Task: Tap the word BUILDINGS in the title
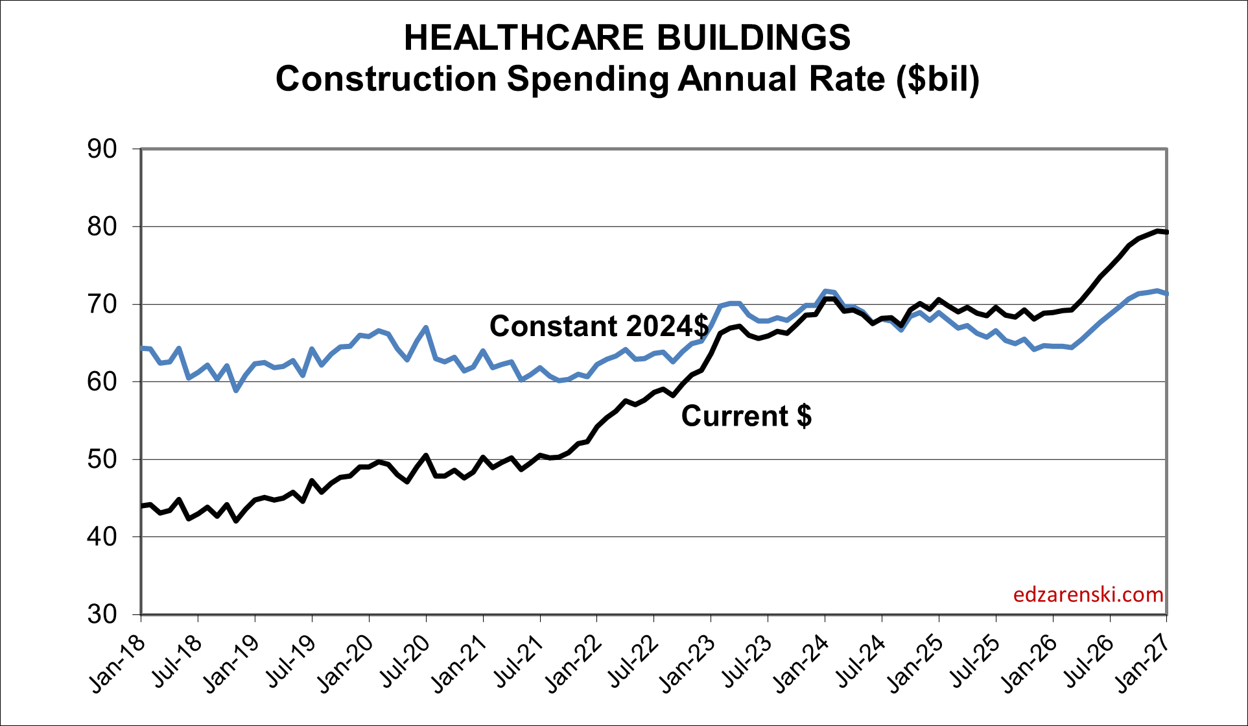click(753, 38)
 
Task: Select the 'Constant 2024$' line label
click(599, 326)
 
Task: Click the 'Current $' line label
click(746, 416)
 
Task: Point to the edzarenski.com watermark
click(1088, 594)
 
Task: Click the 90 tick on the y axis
click(102, 149)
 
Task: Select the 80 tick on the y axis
click(102, 226)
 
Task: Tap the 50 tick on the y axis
click(102, 459)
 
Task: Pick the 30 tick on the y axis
click(102, 614)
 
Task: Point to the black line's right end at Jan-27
click(1166, 232)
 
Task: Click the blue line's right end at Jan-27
click(1166, 294)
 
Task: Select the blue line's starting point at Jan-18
click(142, 348)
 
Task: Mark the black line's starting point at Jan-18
click(142, 505)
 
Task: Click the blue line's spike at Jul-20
click(426, 328)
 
